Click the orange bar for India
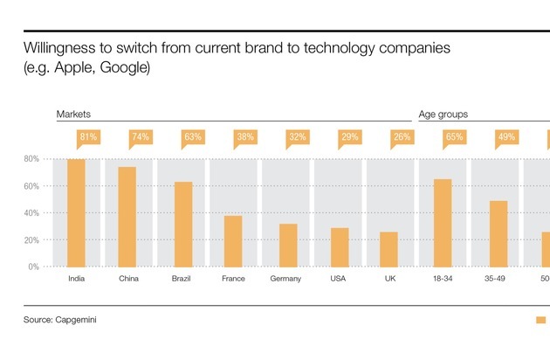click(x=76, y=212)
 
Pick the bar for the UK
click(x=390, y=249)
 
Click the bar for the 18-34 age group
click(x=443, y=223)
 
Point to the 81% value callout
click(x=88, y=137)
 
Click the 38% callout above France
click(x=246, y=137)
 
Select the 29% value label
click(x=350, y=137)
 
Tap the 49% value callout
click(x=506, y=137)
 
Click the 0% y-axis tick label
click(x=32, y=267)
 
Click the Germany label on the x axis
click(x=285, y=279)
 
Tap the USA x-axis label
click(x=338, y=279)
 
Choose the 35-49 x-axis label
click(x=495, y=279)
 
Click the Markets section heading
click(x=74, y=114)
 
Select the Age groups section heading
click(x=443, y=114)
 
